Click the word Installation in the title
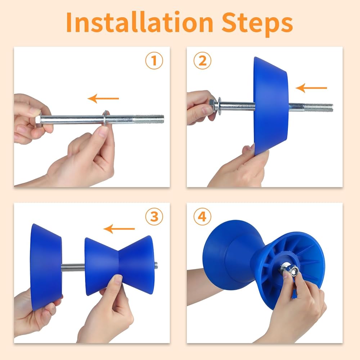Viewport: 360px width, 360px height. click(x=140, y=22)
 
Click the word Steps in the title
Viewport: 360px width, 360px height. click(x=257, y=24)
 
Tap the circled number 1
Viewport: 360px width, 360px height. click(x=154, y=60)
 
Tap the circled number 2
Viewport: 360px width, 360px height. click(x=202, y=60)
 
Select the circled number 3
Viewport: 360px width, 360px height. click(x=154, y=216)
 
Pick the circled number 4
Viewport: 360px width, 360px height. click(x=202, y=216)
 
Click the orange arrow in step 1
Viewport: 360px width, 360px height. click(x=103, y=99)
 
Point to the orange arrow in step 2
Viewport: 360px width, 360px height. click(x=311, y=88)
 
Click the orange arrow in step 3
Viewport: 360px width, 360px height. click(x=119, y=229)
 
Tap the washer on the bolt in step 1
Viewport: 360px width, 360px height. click(x=105, y=118)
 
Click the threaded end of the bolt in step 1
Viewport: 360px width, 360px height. click(x=149, y=119)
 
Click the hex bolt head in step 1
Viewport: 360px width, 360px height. click(x=38, y=120)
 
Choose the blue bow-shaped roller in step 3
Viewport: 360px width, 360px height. click(x=119, y=265)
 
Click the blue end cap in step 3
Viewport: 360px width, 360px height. click(x=46, y=267)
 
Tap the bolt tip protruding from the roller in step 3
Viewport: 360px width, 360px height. click(x=156, y=265)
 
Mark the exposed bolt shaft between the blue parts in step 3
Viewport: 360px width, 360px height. click(x=73, y=267)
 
